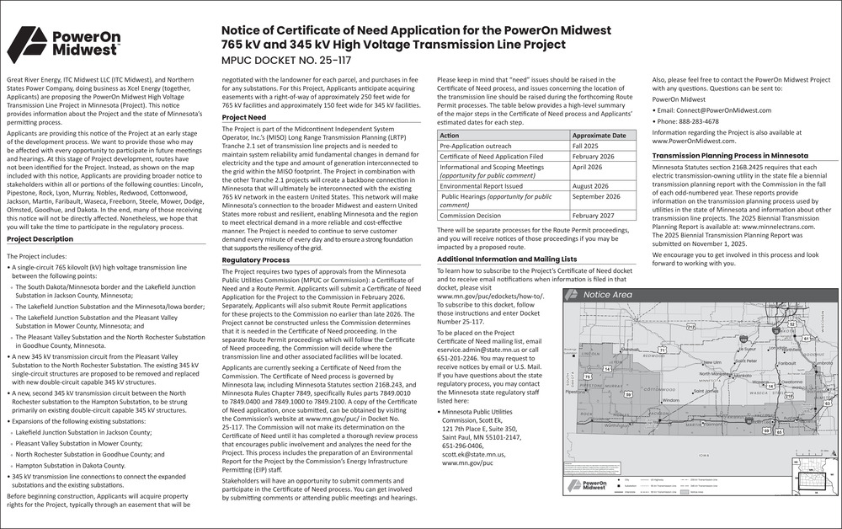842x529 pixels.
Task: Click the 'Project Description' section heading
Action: (40, 239)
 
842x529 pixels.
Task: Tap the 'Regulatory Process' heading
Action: (256, 260)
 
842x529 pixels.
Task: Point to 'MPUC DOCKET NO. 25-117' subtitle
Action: (274, 61)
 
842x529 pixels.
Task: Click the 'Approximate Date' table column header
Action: (600, 135)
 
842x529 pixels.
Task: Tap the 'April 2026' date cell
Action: (589, 168)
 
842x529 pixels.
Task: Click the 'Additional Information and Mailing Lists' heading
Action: (508, 259)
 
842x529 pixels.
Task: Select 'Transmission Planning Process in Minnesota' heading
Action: (730, 157)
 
